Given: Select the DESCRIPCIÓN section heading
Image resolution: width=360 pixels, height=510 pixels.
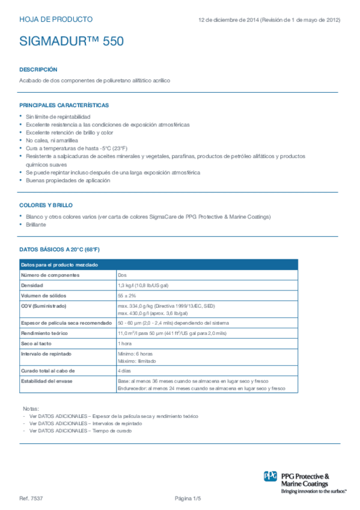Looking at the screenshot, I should (38, 69).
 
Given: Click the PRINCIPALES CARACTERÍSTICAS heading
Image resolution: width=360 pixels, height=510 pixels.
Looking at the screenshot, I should (64, 105).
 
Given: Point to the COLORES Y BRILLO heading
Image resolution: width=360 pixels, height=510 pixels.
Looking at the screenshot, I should (46, 205).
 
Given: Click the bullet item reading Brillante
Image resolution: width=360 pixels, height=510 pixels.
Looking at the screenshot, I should (35, 224).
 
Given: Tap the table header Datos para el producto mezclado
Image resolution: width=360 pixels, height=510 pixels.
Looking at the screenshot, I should (59, 265).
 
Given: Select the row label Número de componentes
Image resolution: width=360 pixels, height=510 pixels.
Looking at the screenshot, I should (50, 275).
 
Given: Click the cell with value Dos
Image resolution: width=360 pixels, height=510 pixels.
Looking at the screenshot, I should (122, 275).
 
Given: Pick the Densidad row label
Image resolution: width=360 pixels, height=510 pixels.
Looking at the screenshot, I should (32, 285).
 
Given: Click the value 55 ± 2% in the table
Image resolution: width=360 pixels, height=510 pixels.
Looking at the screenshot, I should (127, 295).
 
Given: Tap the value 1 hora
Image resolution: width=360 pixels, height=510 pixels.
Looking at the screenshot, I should (124, 343).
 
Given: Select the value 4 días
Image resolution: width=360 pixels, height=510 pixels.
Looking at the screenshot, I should (124, 371).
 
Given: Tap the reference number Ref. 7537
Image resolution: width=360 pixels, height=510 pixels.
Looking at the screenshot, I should (31, 499).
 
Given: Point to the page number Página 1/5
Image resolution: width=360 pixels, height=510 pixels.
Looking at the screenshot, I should (188, 499).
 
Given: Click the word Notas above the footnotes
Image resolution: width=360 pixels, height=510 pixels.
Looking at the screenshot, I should (30, 408).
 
